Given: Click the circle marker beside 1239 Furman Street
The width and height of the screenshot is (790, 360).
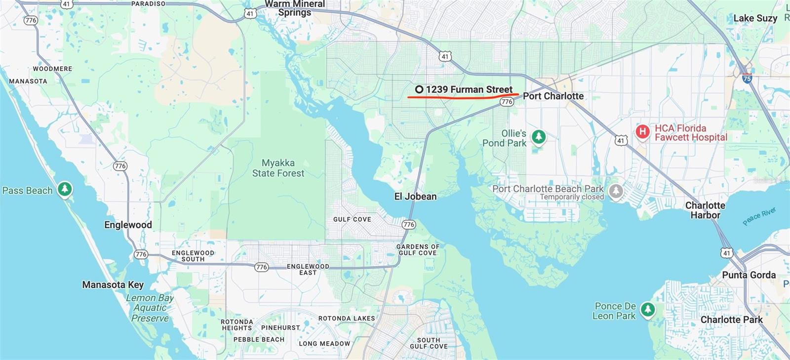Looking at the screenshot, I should click(419, 89).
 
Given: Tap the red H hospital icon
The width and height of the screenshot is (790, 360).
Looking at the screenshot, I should click(642, 131).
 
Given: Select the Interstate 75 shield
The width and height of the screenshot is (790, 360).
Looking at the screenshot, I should click(747, 78).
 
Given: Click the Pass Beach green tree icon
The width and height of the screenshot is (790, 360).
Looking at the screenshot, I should click(65, 189).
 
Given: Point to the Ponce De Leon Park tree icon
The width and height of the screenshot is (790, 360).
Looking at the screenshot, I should click(648, 310).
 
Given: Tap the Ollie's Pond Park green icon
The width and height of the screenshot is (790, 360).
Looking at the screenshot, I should click(539, 136).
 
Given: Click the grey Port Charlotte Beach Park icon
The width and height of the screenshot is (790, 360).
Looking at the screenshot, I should click(616, 191).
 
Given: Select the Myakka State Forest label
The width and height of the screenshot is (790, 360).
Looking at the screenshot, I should click(278, 168).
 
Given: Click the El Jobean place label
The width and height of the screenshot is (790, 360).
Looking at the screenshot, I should click(415, 197).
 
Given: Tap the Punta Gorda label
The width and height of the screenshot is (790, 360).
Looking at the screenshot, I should click(749, 275).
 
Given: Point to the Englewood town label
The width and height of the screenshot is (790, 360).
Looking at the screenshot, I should click(128, 225).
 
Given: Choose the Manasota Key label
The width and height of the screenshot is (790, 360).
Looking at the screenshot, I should click(113, 285).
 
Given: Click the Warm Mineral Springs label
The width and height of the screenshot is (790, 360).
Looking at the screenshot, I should click(295, 8).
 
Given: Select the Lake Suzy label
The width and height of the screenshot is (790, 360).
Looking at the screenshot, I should click(755, 18).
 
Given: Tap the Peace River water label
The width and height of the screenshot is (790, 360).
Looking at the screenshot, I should click(759, 216).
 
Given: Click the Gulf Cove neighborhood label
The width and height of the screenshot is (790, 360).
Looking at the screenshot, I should click(352, 219).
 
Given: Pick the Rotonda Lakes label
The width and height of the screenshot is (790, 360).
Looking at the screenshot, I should click(347, 319).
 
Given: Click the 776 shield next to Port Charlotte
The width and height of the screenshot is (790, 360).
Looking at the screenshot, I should click(507, 102).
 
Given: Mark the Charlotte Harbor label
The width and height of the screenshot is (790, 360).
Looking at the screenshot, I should click(705, 210).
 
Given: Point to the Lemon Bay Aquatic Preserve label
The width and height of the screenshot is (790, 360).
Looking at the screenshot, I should click(150, 308).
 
